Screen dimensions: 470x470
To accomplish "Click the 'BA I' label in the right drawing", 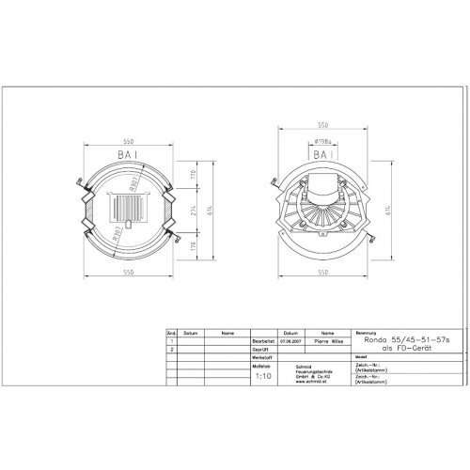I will click(321, 152).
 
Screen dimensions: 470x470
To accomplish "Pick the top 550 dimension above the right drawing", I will click(321, 123).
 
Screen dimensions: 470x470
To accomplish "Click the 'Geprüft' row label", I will click(262, 349).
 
